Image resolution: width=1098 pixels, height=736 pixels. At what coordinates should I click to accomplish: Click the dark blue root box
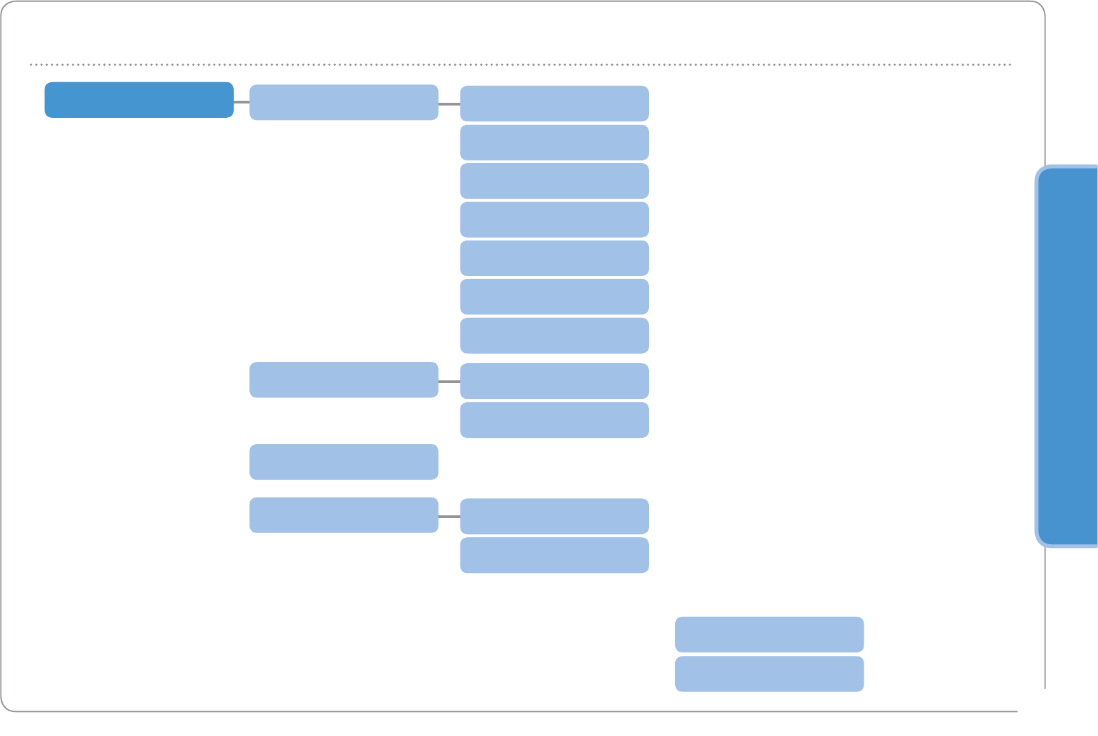point(139,100)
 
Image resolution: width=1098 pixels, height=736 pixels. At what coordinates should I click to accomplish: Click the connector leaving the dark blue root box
point(241,101)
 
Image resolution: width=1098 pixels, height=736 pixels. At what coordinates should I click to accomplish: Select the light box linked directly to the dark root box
point(343,102)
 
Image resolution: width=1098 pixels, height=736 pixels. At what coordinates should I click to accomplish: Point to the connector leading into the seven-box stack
point(449,104)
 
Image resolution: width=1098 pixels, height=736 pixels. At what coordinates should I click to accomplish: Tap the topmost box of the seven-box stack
point(554,103)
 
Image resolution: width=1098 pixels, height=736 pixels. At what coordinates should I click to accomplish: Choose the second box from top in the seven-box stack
point(554,143)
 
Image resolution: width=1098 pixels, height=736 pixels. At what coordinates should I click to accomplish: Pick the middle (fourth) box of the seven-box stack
point(554,219)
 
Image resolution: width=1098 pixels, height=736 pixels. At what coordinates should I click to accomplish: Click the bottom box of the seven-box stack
point(554,336)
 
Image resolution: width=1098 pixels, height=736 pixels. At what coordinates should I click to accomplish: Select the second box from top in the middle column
point(343,380)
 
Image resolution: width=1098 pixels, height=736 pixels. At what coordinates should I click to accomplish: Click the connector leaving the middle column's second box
point(449,381)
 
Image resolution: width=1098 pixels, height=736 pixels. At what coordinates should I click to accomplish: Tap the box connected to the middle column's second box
point(554,381)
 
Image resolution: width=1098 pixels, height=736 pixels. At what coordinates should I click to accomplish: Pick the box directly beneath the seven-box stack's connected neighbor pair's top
point(554,420)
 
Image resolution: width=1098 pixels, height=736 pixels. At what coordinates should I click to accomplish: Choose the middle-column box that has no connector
point(343,462)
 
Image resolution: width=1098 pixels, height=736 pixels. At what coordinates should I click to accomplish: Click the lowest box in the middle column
point(343,515)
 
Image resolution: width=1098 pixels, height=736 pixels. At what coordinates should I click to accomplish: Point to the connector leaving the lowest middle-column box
point(449,516)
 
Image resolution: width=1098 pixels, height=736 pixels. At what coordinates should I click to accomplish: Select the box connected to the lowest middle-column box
point(554,516)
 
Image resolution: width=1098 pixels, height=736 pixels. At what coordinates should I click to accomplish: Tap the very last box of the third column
point(554,555)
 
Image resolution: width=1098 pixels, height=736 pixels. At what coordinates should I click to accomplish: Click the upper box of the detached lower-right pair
point(769,634)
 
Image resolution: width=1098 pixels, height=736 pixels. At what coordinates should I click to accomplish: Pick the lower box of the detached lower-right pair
point(769,674)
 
